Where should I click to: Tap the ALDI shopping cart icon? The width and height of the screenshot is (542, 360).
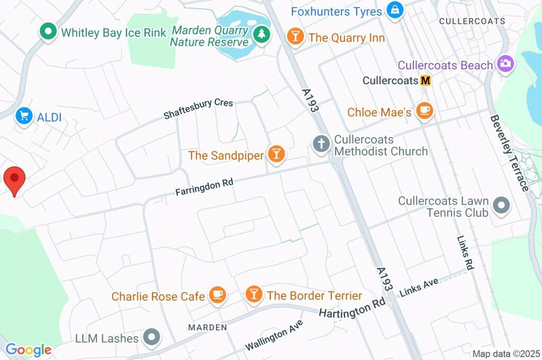tap(23, 115)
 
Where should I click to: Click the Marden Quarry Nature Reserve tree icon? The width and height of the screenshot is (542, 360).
tap(260, 35)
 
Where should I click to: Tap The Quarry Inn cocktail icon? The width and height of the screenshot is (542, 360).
tap(294, 37)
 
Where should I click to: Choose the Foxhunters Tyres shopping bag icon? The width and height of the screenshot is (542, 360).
tap(394, 10)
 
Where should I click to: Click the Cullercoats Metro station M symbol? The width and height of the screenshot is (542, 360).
tap(426, 81)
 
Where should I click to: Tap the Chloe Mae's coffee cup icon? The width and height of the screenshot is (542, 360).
tap(424, 111)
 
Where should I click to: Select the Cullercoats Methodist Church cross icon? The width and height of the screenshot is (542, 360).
tap(321, 144)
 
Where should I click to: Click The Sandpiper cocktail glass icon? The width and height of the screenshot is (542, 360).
tap(276, 154)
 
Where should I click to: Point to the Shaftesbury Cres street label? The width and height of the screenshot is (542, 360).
tap(198, 108)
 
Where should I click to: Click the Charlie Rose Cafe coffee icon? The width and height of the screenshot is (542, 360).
tap(218, 294)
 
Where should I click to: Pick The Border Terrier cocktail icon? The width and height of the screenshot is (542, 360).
tap(254, 294)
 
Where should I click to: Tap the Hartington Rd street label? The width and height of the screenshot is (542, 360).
tap(352, 308)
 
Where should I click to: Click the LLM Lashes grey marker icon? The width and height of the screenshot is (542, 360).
tap(153, 337)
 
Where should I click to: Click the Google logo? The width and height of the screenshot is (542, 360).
tap(29, 349)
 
